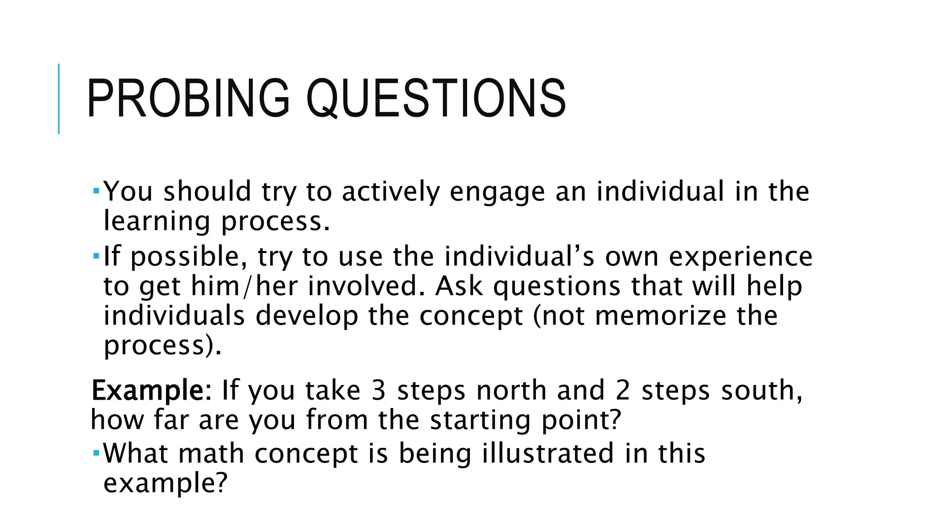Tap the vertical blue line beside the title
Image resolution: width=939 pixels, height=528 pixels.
pos(59,99)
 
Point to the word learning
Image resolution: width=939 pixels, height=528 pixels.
pos(156,222)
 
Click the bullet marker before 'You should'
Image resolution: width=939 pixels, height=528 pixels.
pos(96,189)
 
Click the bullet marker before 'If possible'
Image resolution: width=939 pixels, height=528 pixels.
pos(96,254)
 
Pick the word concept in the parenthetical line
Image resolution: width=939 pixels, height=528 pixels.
pos(471,317)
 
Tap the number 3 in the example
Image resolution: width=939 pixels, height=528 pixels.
pos(378,390)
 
